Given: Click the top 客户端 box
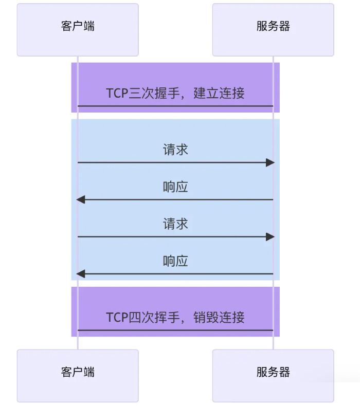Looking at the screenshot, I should [78, 29].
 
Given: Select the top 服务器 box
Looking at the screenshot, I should [273, 29].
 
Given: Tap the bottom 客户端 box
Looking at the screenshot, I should [78, 375].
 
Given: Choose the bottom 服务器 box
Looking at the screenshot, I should [273, 375].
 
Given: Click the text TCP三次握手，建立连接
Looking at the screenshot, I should [175, 93].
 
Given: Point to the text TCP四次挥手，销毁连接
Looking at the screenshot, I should [175, 317].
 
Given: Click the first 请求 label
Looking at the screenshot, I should [175, 150].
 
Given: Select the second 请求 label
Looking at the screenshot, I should [175, 224].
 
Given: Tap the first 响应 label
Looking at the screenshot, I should [175, 187].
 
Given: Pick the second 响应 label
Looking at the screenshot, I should [175, 261].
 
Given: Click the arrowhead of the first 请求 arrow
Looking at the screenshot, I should [271, 162].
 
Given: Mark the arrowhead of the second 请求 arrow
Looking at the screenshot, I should [271, 236].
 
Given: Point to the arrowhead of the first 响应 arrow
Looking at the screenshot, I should [80, 199].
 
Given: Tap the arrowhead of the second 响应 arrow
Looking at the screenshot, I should [80, 273].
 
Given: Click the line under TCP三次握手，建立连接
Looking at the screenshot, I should [175, 106].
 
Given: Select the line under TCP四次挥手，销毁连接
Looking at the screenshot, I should [175, 330].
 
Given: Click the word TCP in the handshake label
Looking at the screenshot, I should [117, 93].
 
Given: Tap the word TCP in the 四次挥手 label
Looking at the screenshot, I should [117, 317].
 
